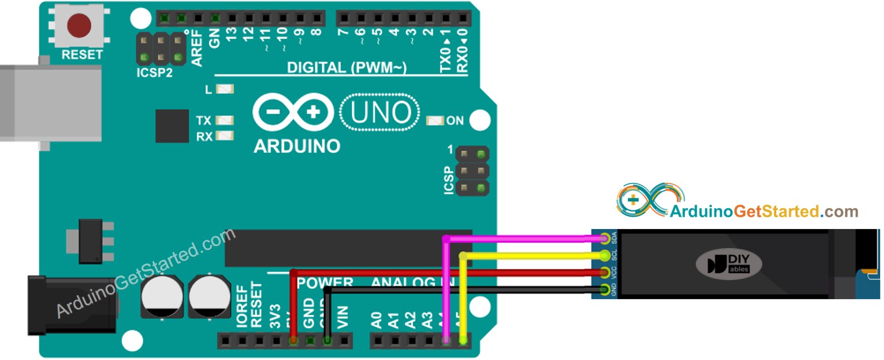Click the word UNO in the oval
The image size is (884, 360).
[381, 113]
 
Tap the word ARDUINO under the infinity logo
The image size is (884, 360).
[297, 146]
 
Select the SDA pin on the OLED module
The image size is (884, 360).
[606, 238]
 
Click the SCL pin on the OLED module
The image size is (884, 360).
[606, 255]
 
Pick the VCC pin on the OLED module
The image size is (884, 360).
[606, 273]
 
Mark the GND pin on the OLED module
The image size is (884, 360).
[606, 290]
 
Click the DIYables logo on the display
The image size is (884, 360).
[728, 264]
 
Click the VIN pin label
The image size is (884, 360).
[342, 317]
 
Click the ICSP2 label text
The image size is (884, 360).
[154, 73]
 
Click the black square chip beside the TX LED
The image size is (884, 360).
[172, 126]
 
